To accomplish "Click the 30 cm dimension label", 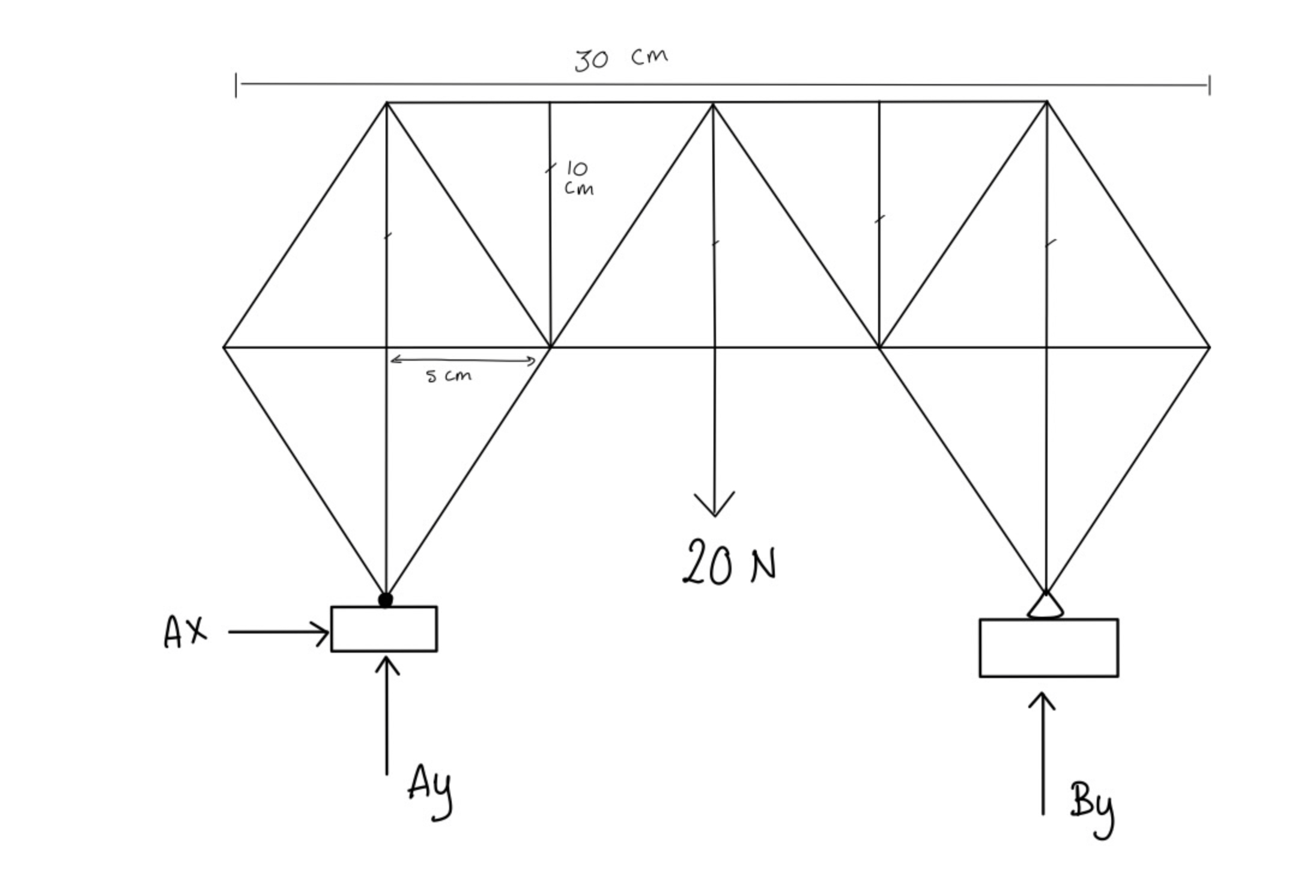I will coord(620,59).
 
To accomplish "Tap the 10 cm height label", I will coord(578,178).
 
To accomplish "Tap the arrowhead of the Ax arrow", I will coord(324,632).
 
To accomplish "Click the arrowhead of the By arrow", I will coord(1042,699).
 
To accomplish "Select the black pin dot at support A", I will coord(386,599).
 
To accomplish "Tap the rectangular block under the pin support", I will coord(384,629).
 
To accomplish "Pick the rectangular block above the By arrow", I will coord(1049,648).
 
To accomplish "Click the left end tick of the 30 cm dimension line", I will coord(236,85).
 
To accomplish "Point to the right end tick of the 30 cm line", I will coord(1209,85).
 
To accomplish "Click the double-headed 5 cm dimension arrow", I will coord(462,361).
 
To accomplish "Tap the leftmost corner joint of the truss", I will coord(224,347).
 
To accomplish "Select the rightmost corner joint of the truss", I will coord(1209,347).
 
